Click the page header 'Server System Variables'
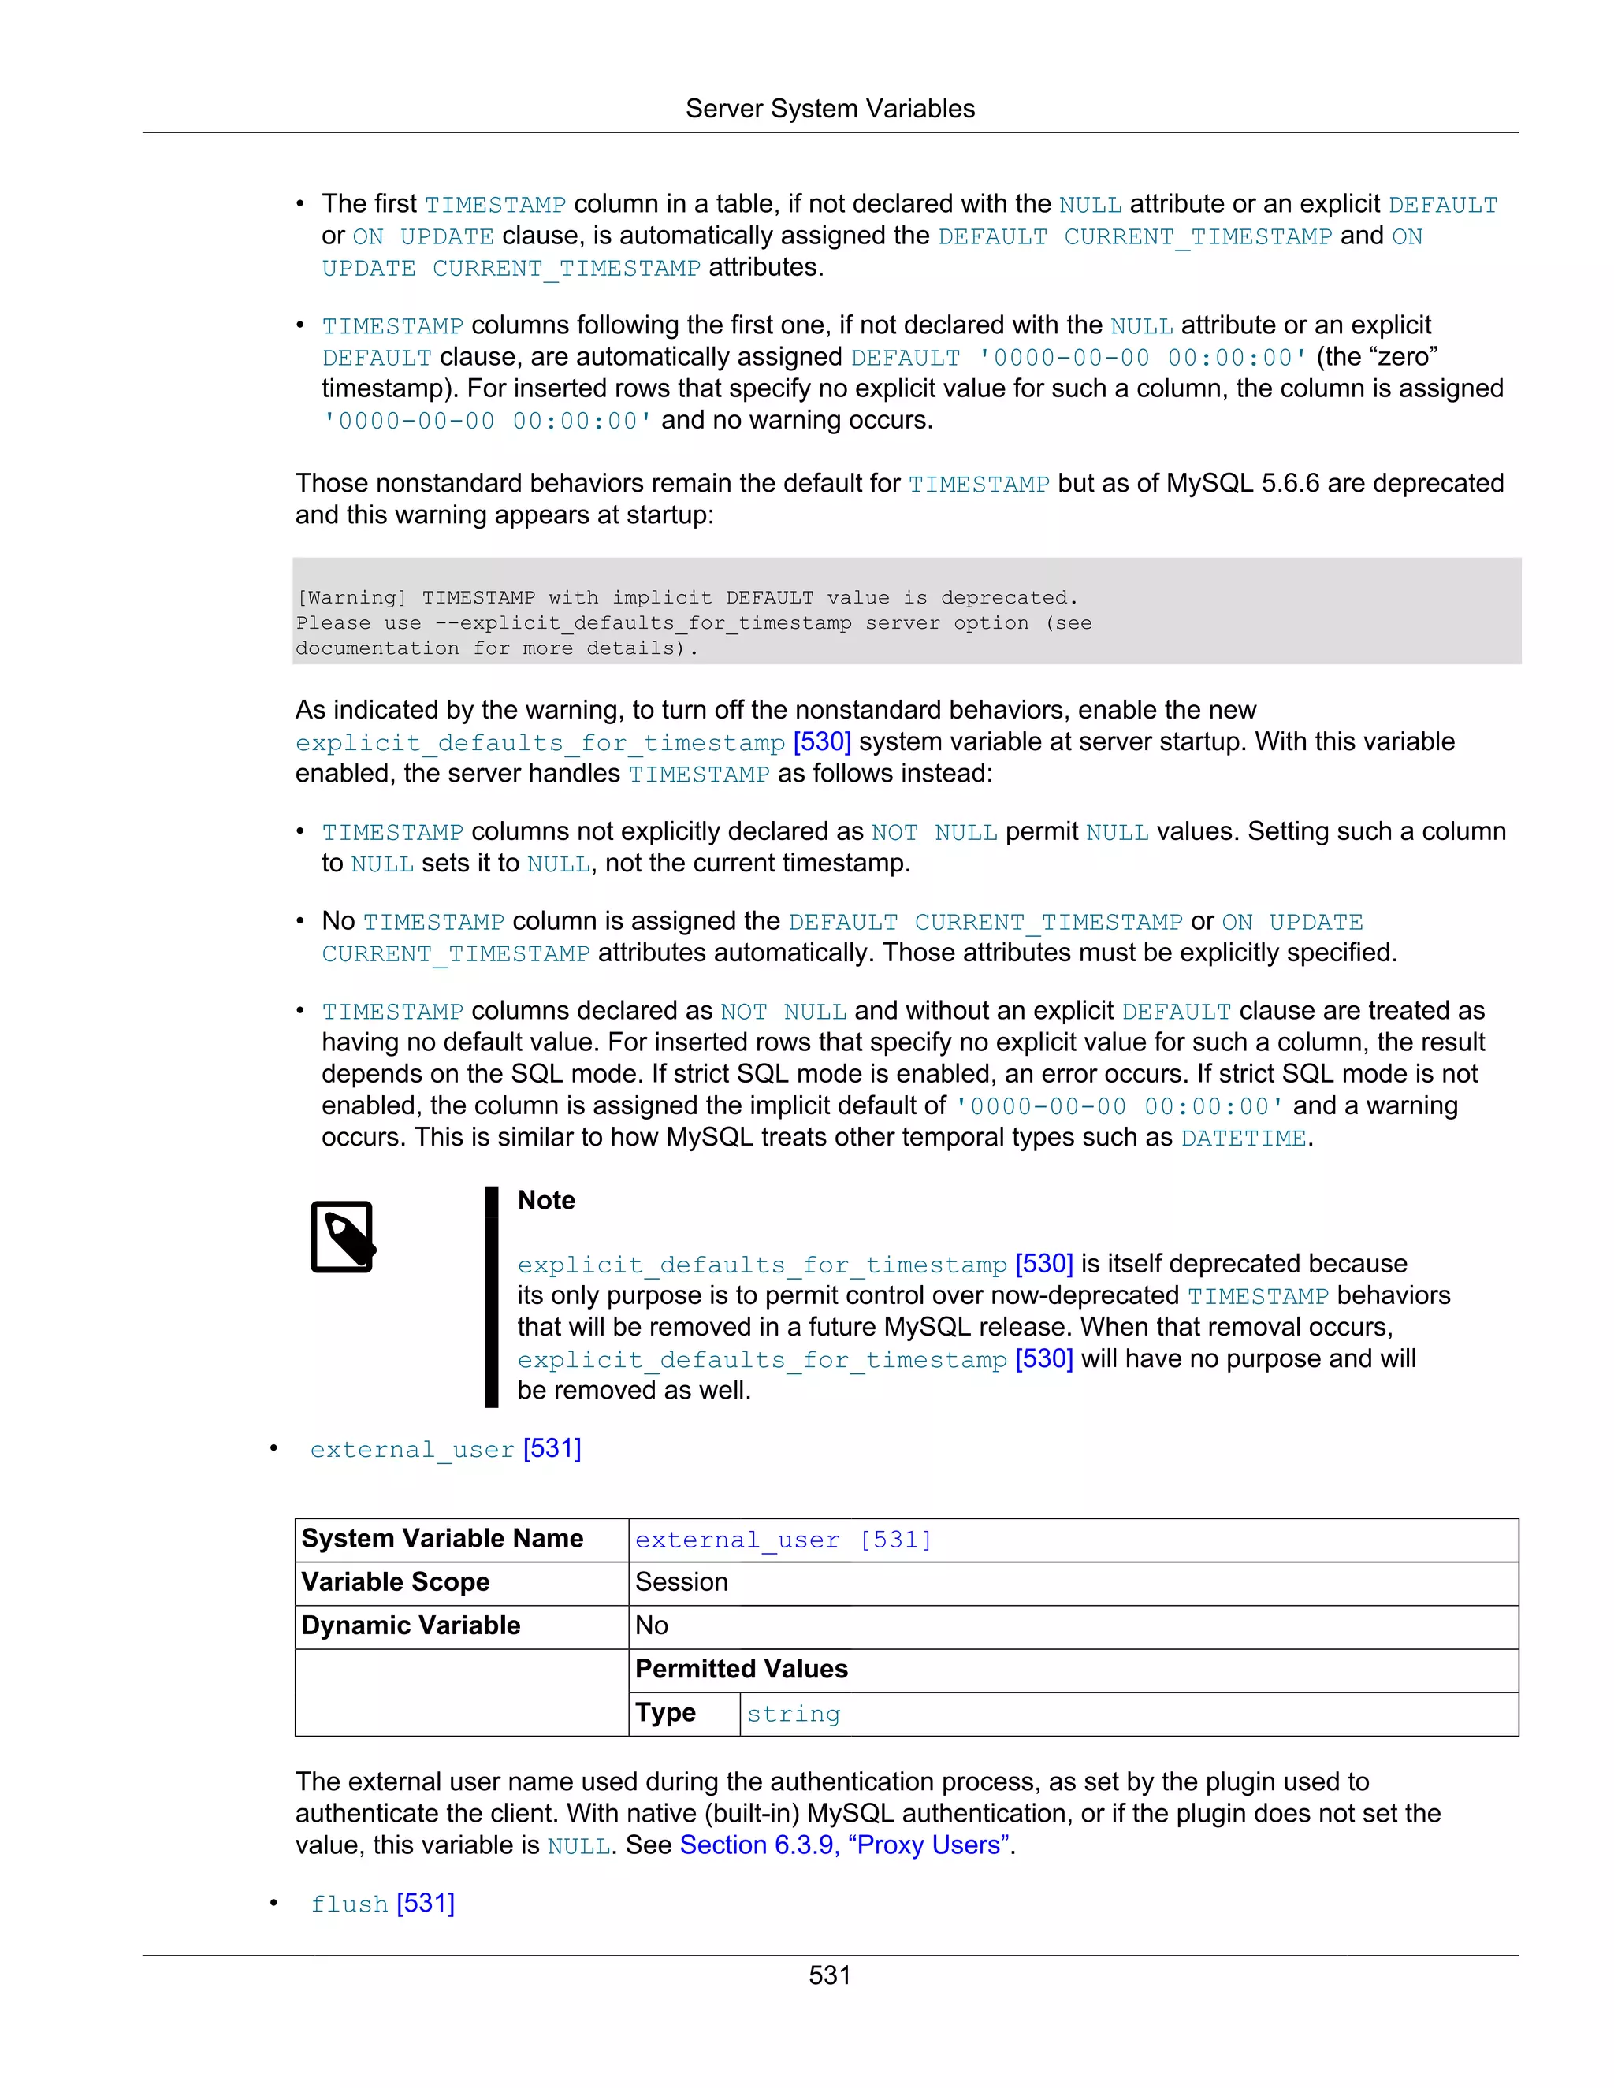(830, 109)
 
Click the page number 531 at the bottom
(829, 1975)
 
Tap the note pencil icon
(342, 1236)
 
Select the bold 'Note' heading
(546, 1200)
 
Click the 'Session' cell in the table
(681, 1582)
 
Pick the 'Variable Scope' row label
(395, 1582)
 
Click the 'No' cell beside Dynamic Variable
(651, 1625)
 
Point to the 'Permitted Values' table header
(741, 1670)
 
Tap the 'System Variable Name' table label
(442, 1538)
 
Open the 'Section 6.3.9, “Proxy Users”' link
(846, 1845)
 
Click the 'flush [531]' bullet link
(382, 1904)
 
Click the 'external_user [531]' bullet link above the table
(445, 1449)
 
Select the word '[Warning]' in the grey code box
(351, 597)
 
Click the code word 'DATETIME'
(1243, 1138)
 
